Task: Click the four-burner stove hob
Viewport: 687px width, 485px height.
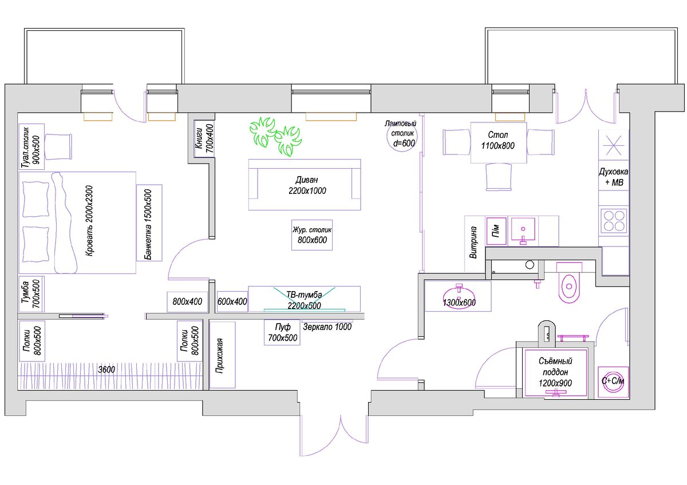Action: [x=613, y=221]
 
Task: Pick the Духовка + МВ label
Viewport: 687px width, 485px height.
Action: [x=613, y=177]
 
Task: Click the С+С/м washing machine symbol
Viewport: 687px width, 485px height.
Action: [x=613, y=381]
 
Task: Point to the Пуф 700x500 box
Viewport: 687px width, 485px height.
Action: [x=282, y=332]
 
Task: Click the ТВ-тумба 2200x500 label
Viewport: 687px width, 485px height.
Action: [x=304, y=300]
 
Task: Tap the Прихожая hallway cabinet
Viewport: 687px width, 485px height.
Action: [x=223, y=355]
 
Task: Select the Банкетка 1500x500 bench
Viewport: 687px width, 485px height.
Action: [x=149, y=223]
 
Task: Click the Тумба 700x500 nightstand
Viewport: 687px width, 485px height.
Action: [x=31, y=295]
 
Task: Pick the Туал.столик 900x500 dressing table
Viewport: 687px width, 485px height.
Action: [x=31, y=145]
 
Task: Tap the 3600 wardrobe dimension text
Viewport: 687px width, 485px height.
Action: [x=106, y=369]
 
